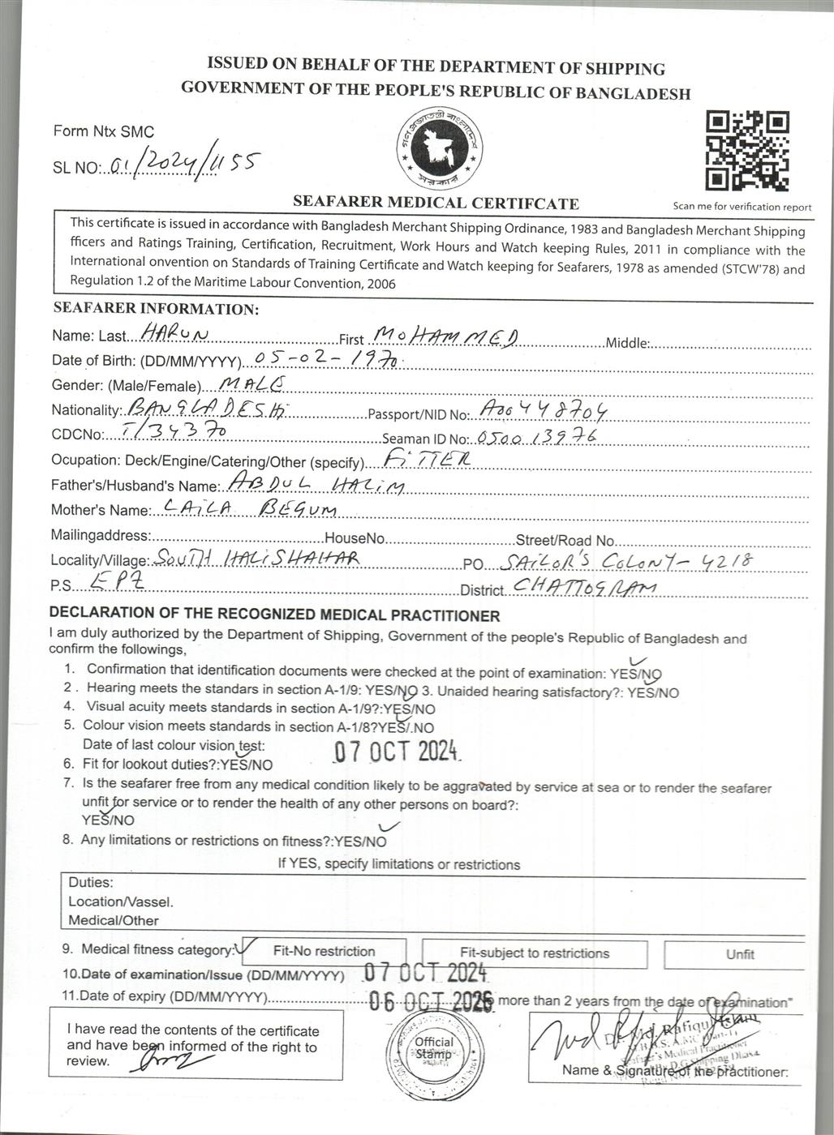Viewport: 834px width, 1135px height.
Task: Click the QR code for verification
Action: click(x=746, y=152)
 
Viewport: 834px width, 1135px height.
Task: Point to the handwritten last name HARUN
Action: click(x=175, y=333)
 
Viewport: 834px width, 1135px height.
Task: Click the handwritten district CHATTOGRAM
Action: click(x=584, y=588)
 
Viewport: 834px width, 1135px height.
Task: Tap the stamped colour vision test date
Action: click(x=398, y=751)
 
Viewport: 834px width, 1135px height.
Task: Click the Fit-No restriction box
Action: click(x=324, y=952)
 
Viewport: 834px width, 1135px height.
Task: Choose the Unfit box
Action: click(x=739, y=954)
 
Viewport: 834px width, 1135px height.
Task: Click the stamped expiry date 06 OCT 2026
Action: click(x=430, y=1001)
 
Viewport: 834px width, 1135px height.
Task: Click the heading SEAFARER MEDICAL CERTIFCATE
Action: click(x=436, y=203)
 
